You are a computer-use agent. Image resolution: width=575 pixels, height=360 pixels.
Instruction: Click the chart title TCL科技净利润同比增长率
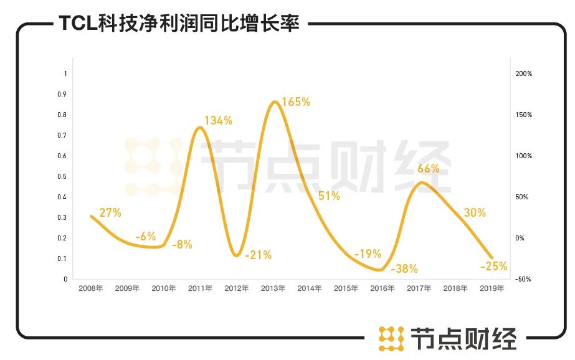click(179, 23)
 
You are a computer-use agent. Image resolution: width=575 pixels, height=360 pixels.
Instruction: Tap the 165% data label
click(296, 102)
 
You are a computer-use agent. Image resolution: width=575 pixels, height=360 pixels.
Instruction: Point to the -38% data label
click(404, 269)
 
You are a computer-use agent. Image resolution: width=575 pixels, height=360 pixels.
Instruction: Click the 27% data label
click(110, 212)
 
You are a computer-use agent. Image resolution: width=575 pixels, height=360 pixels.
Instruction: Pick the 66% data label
click(428, 168)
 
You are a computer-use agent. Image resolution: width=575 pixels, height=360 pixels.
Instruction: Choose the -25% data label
click(494, 267)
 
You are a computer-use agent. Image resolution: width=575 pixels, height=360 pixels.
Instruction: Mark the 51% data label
click(329, 196)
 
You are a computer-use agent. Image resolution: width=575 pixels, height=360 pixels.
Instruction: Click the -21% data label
click(258, 255)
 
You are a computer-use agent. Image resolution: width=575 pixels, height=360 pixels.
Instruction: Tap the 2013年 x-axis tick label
click(273, 288)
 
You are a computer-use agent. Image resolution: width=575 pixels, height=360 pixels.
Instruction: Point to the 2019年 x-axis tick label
click(492, 288)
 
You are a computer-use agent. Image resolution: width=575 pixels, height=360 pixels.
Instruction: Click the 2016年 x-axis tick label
click(383, 288)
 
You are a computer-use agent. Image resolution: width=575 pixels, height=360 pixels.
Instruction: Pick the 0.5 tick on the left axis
click(62, 176)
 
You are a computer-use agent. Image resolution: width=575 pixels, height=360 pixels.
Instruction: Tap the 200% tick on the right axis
click(524, 73)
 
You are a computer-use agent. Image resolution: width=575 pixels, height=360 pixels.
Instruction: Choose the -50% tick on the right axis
click(523, 279)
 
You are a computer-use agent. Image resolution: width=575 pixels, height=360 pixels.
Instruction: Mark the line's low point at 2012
click(235, 255)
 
